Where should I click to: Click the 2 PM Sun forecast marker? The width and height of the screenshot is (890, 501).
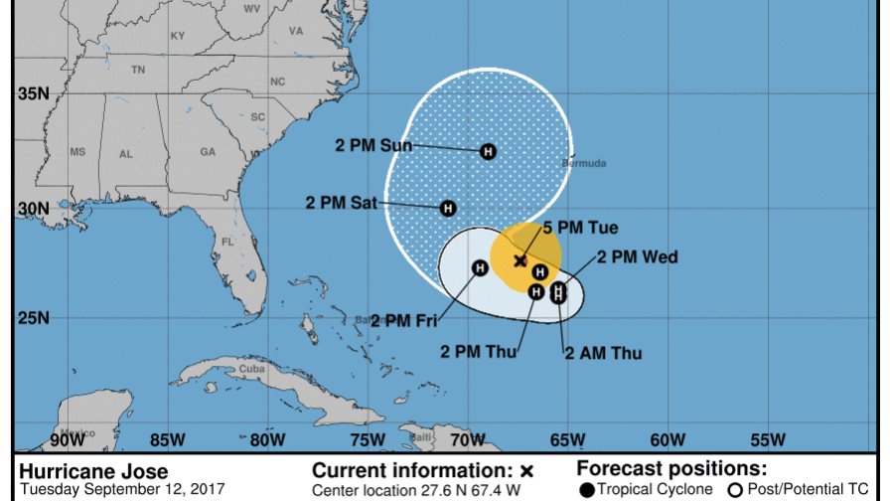pos(488,151)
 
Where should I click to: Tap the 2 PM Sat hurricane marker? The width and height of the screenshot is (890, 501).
pos(448,208)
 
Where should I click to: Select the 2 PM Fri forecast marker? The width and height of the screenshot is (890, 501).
pos(480,267)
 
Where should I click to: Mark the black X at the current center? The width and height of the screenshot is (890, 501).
pos(520,260)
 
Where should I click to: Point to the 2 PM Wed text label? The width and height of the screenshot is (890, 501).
pos(637,257)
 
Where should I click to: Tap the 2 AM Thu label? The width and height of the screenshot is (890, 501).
pos(603,353)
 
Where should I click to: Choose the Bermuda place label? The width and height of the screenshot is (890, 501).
pos(583,163)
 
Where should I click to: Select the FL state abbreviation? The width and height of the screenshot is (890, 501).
pos(227,242)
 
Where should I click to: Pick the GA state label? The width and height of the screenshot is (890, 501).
pos(208,152)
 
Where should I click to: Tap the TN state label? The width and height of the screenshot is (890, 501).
pos(138,70)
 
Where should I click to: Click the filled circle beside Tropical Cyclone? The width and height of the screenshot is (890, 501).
pos(589,489)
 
